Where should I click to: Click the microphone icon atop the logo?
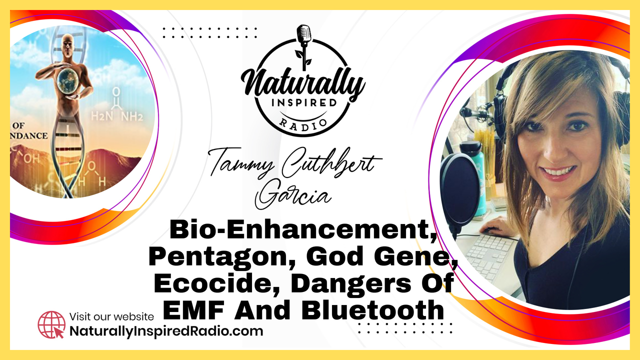(x=304, y=45)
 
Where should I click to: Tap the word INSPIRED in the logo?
(x=304, y=102)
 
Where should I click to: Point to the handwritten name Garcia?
(x=293, y=194)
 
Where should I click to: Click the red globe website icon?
(x=51, y=325)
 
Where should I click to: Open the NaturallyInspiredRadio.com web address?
(x=166, y=331)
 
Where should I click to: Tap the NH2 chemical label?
(x=131, y=116)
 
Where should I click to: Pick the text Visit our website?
(x=111, y=316)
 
